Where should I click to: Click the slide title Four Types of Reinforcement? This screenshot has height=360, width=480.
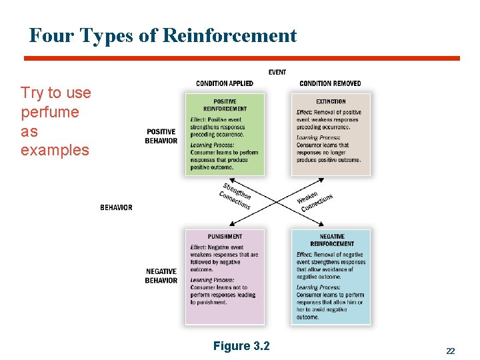163,35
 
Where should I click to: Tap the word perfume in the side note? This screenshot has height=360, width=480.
49,112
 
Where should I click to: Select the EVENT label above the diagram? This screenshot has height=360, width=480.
277,72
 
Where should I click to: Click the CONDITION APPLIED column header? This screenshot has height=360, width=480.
225,83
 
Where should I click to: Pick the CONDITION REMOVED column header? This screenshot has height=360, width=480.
330,83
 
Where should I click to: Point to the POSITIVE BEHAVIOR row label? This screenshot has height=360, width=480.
161,136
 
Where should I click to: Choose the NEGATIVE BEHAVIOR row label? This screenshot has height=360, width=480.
161,276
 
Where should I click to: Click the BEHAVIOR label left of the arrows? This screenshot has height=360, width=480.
116,207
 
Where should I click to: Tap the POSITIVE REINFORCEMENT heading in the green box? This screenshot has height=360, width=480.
225,105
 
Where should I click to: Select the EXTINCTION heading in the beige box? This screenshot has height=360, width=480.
331,102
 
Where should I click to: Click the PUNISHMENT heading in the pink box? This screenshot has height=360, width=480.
225,237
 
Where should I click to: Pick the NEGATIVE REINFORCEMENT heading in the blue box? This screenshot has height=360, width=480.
331,240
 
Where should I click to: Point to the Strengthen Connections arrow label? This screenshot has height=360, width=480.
235,196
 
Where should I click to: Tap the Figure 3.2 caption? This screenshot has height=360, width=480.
241,346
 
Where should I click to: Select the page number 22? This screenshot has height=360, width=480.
451,351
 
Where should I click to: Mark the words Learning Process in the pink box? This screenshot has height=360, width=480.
212,280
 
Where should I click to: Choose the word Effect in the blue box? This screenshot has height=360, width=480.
304,255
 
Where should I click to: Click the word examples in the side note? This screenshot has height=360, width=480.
55,150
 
